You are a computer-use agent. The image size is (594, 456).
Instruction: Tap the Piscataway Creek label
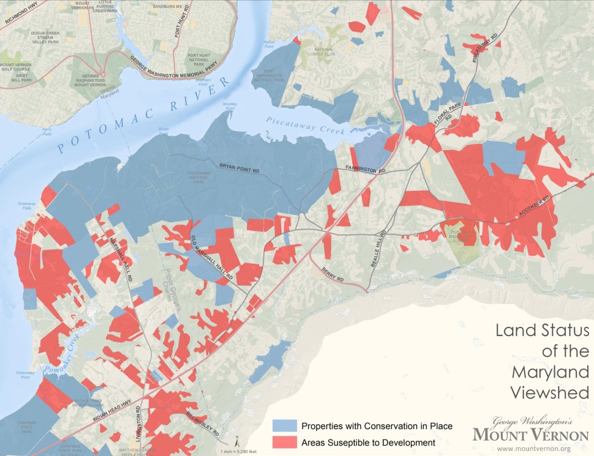coord(306,126)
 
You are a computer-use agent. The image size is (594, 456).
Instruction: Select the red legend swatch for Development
coord(284,441)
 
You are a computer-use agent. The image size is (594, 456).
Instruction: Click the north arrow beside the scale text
coord(236,438)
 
